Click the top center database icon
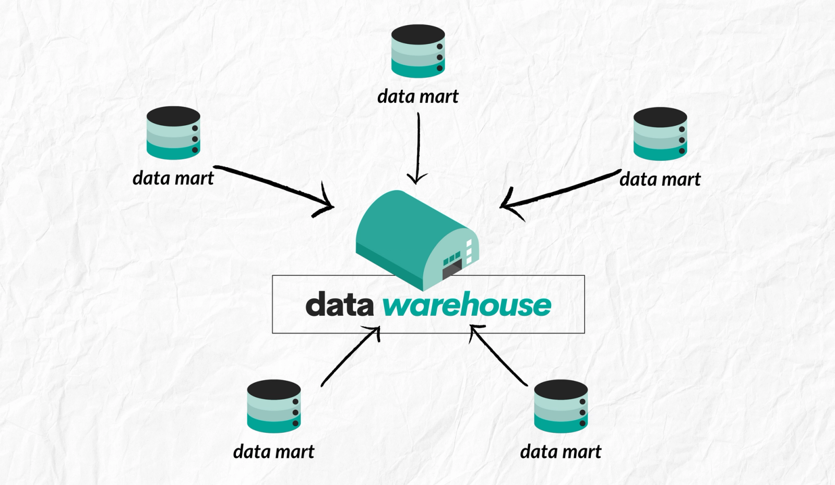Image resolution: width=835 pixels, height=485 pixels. (417, 51)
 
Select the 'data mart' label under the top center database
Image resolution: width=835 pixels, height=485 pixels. (417, 97)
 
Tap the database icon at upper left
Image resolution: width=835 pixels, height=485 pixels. (173, 133)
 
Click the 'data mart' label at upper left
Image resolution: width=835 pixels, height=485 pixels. (173, 179)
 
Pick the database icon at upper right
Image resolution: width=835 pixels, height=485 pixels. (660, 134)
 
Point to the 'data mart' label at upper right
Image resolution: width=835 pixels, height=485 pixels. (660, 180)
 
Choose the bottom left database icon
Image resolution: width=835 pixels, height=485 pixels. (274, 406)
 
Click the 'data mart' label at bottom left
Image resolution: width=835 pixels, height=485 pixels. (274, 452)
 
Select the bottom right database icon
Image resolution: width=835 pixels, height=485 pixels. (561, 406)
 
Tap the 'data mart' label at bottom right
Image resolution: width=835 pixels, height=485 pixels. (561, 452)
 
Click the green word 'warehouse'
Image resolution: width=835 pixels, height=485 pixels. (467, 305)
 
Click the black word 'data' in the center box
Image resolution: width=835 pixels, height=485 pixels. (339, 305)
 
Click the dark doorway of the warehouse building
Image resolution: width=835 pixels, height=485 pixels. (451, 271)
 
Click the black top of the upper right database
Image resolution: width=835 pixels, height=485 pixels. (660, 117)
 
